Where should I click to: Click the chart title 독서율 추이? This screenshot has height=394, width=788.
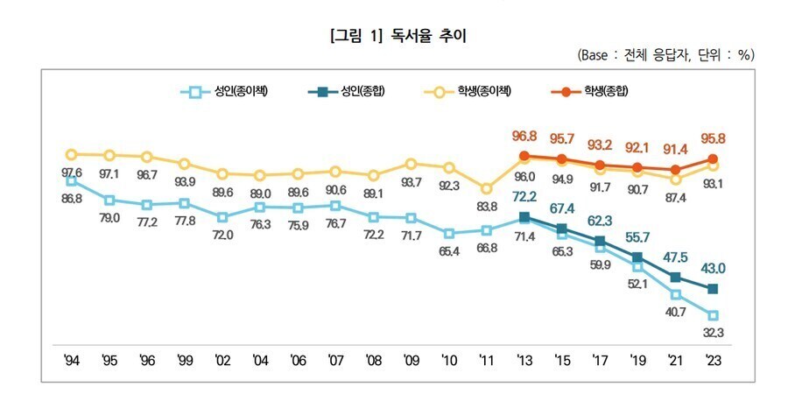pyautogui.click(x=393, y=36)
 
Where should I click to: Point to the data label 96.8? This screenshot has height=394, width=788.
pyautogui.click(x=524, y=137)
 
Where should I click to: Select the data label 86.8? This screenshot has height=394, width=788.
pyautogui.click(x=72, y=199)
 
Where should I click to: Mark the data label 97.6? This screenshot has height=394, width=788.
pyautogui.click(x=72, y=172)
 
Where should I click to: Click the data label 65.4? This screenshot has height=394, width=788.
pyautogui.click(x=448, y=251)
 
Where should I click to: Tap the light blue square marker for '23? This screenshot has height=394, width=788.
pyautogui.click(x=714, y=315)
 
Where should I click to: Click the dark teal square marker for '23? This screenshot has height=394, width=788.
pyautogui.click(x=714, y=289)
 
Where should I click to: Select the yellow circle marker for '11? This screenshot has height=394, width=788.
pyautogui.click(x=486, y=187)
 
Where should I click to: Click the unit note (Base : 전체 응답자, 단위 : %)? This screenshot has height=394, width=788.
pyautogui.click(x=665, y=55)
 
